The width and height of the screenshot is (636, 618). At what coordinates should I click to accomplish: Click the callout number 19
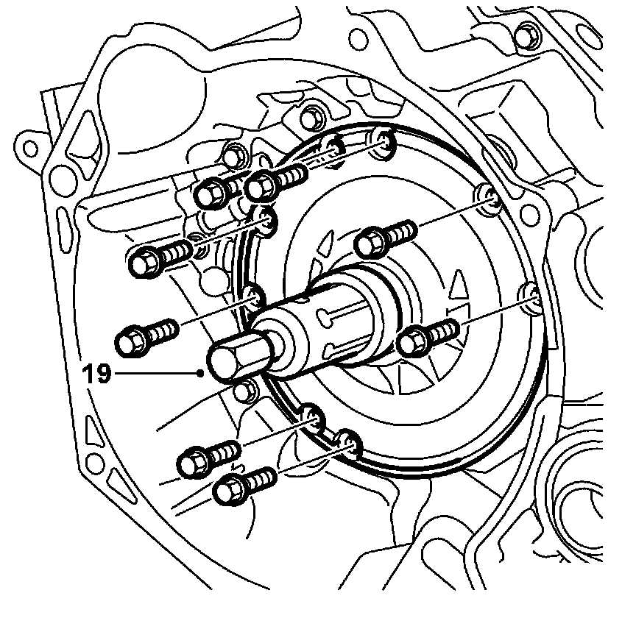coord(97,374)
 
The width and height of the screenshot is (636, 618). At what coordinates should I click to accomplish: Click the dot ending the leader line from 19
coord(201,374)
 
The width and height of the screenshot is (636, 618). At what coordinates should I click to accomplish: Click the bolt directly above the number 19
coord(140,338)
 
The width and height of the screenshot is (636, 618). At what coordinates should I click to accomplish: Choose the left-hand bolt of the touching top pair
coord(213,193)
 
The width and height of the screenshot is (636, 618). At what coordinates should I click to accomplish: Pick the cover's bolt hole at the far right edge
coord(532,295)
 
